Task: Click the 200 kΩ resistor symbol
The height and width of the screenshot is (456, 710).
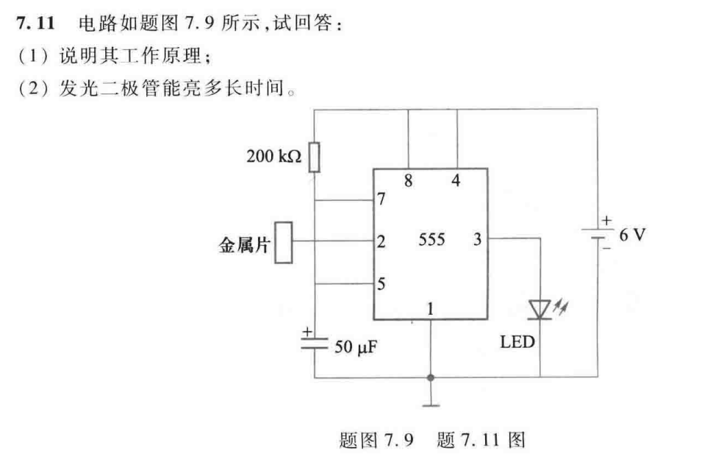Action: pos(314,157)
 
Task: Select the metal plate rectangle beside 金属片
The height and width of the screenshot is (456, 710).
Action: pos(283,242)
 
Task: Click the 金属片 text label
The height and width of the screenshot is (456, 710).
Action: pos(245,244)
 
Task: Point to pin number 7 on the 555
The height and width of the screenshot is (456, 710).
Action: pos(381,199)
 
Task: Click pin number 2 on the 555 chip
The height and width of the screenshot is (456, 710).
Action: pos(381,241)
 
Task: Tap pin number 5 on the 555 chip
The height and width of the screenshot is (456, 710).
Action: pos(381,284)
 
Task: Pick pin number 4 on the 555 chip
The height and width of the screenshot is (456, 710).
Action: pos(456,180)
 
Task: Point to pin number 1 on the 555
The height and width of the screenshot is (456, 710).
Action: pos(430,309)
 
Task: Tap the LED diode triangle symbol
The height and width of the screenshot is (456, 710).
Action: pos(541,310)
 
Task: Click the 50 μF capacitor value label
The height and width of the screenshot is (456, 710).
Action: pos(356,346)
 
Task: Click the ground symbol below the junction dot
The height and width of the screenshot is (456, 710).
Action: pos(430,402)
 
